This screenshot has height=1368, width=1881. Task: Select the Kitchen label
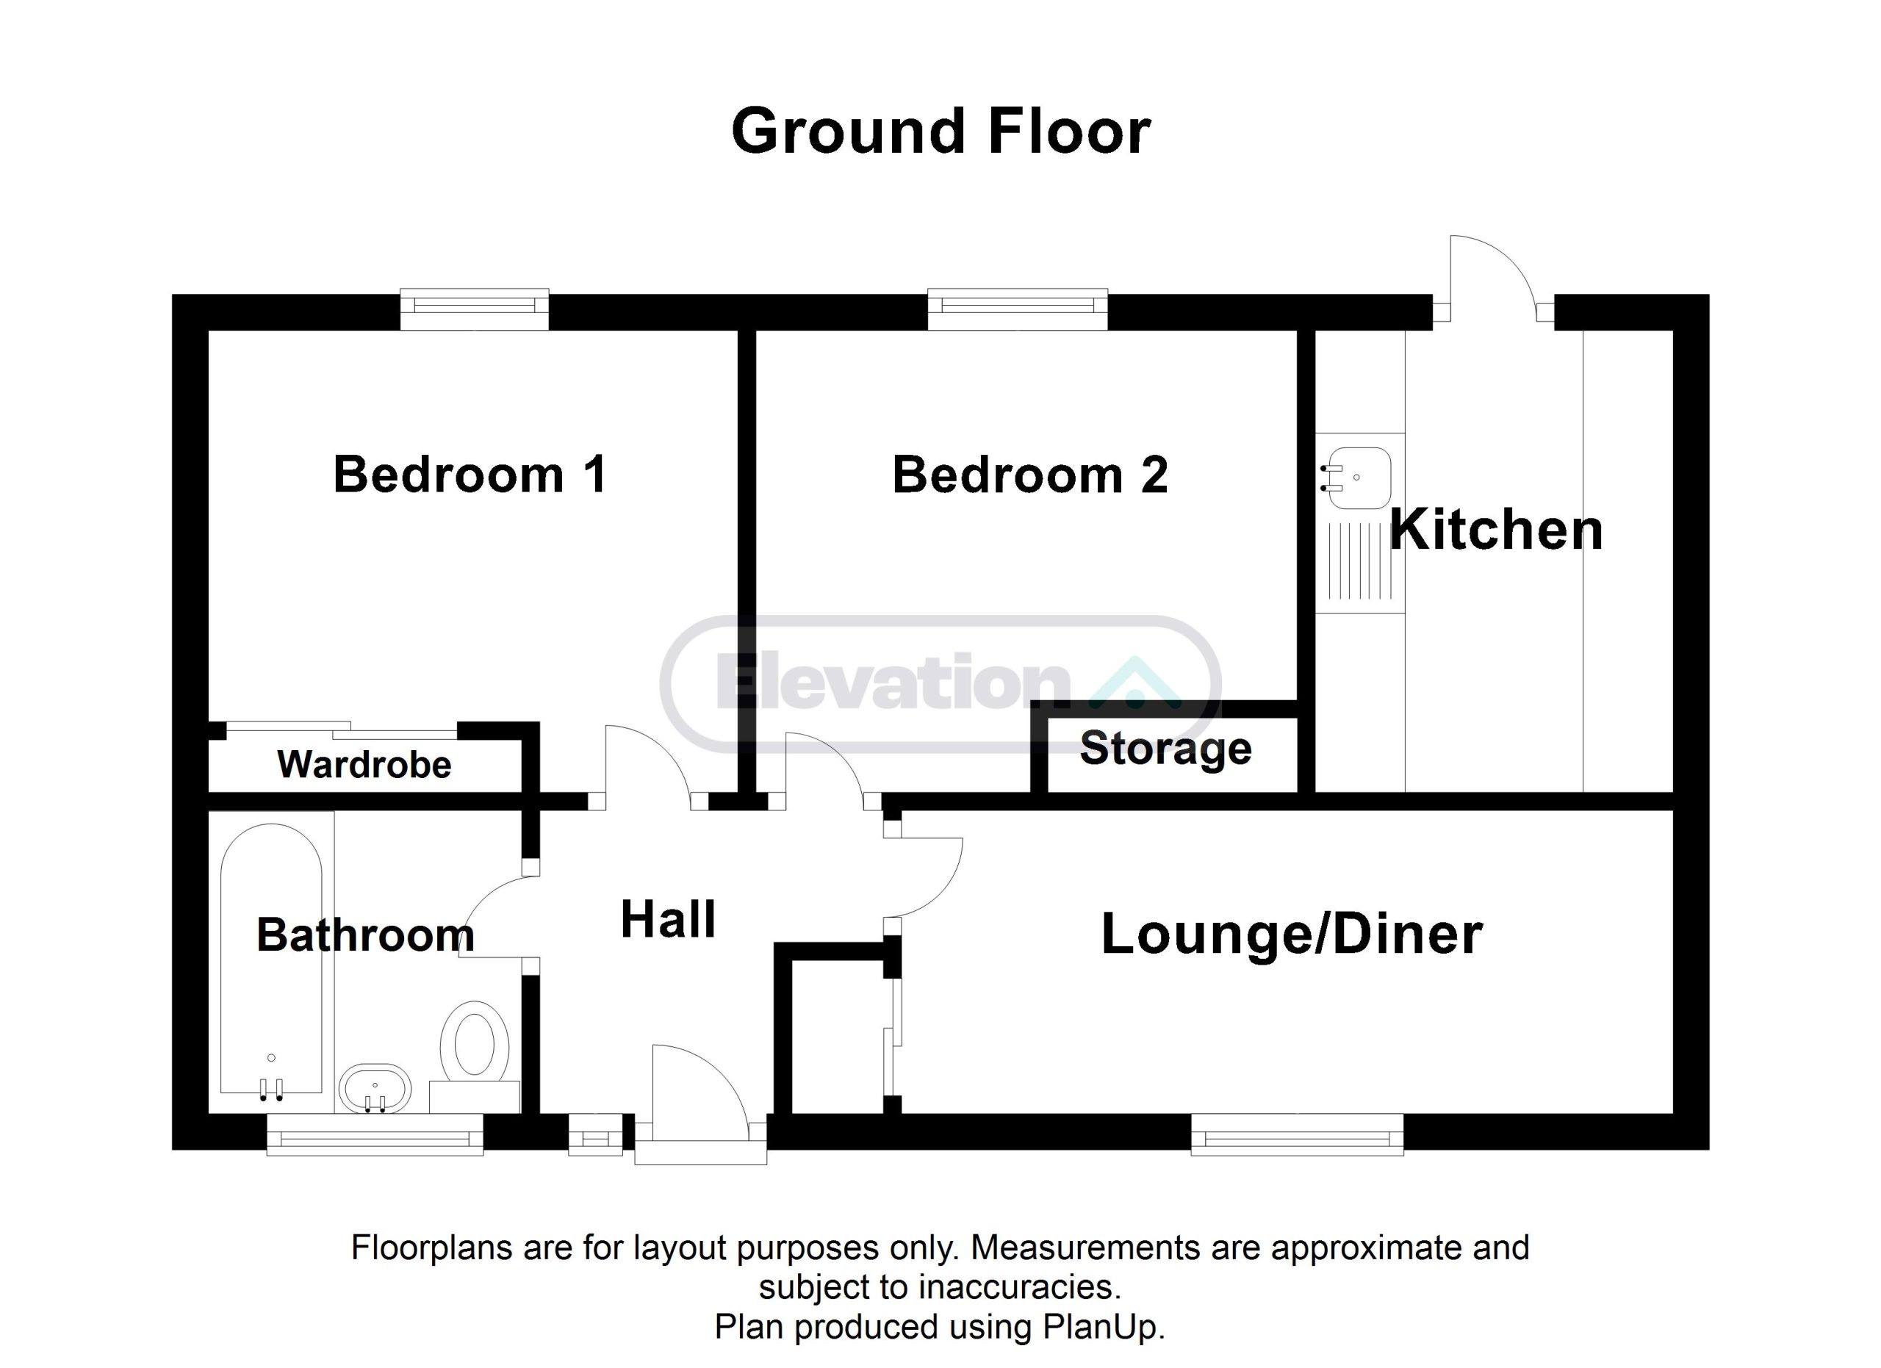point(1496,530)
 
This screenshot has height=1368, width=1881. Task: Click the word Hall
point(669,919)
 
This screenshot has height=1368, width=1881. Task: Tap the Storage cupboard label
point(1165,749)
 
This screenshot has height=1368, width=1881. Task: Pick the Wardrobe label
point(364,764)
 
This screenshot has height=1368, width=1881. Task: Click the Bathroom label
point(366,935)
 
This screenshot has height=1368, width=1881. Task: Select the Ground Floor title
point(940,132)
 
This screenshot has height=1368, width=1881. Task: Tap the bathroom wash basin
point(375,1089)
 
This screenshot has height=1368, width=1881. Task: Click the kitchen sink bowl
point(1356,478)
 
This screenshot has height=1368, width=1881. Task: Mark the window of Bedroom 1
point(475,309)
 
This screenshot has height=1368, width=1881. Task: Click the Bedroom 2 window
point(1018,309)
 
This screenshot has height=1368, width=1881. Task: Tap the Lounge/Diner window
point(1297,1134)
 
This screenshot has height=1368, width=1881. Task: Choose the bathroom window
point(375,1134)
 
